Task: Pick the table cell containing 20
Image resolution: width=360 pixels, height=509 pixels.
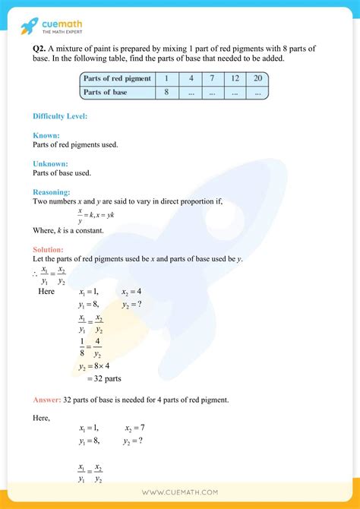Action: point(257,78)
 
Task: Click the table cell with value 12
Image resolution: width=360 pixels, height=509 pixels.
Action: point(235,78)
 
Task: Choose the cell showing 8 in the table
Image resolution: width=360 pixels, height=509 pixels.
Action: point(166,93)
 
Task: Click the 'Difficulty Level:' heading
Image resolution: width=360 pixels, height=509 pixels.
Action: point(60,116)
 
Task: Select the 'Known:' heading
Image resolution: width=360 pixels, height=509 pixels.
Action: point(46,135)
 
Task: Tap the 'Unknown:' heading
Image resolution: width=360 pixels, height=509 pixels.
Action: point(50,163)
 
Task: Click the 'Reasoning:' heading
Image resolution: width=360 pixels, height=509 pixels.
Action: point(52,192)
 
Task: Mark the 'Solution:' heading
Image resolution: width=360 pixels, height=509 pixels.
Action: point(48,249)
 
